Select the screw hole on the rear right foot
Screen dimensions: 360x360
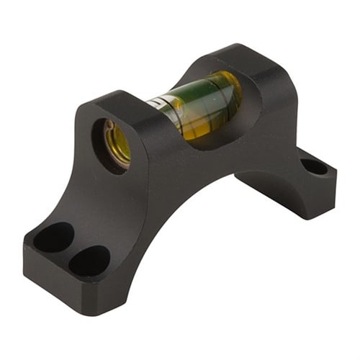(315, 167)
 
